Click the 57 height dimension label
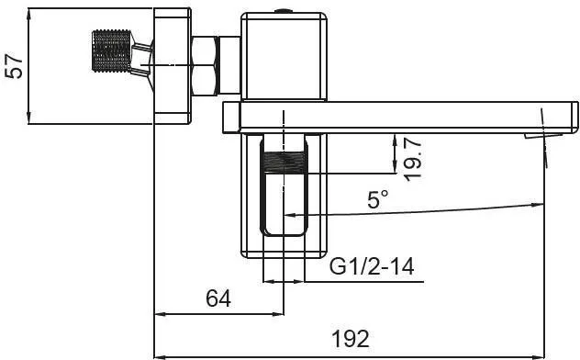15,66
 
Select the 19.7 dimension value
413,160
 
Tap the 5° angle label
378,199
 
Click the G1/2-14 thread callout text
372,266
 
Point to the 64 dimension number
218,298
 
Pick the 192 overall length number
351,339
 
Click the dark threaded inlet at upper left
111,51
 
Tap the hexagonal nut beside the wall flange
206,66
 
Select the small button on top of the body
284,11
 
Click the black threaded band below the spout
284,162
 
